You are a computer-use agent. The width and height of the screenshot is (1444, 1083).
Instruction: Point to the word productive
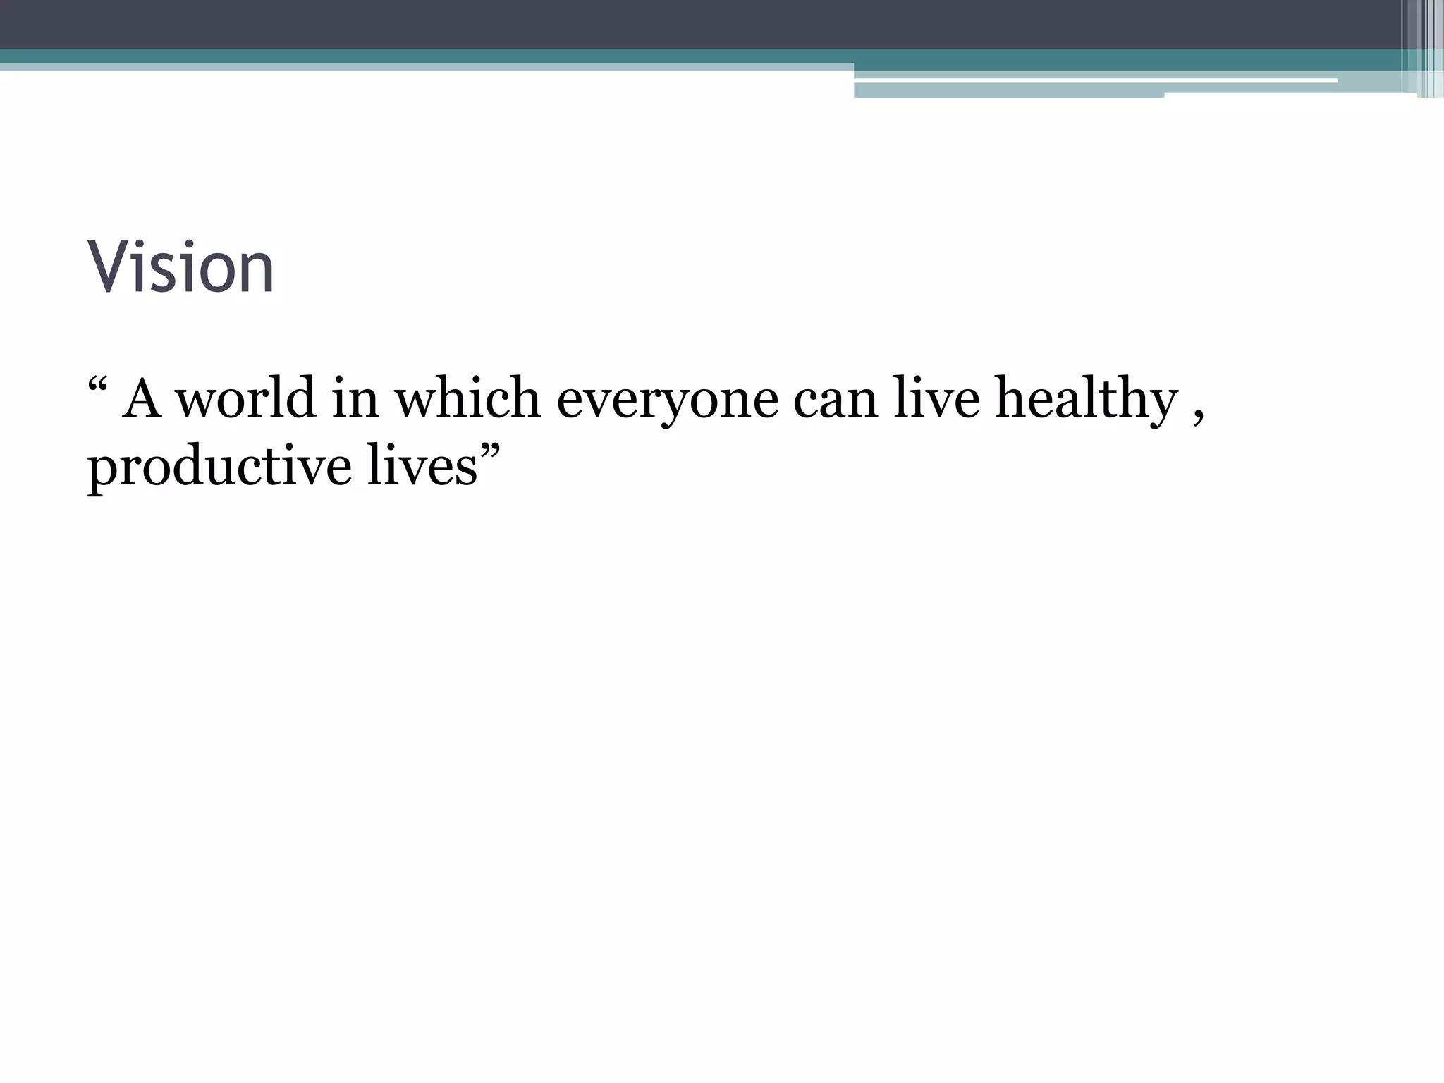pos(219,467)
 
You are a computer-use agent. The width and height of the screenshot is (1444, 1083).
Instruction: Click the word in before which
pos(355,398)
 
